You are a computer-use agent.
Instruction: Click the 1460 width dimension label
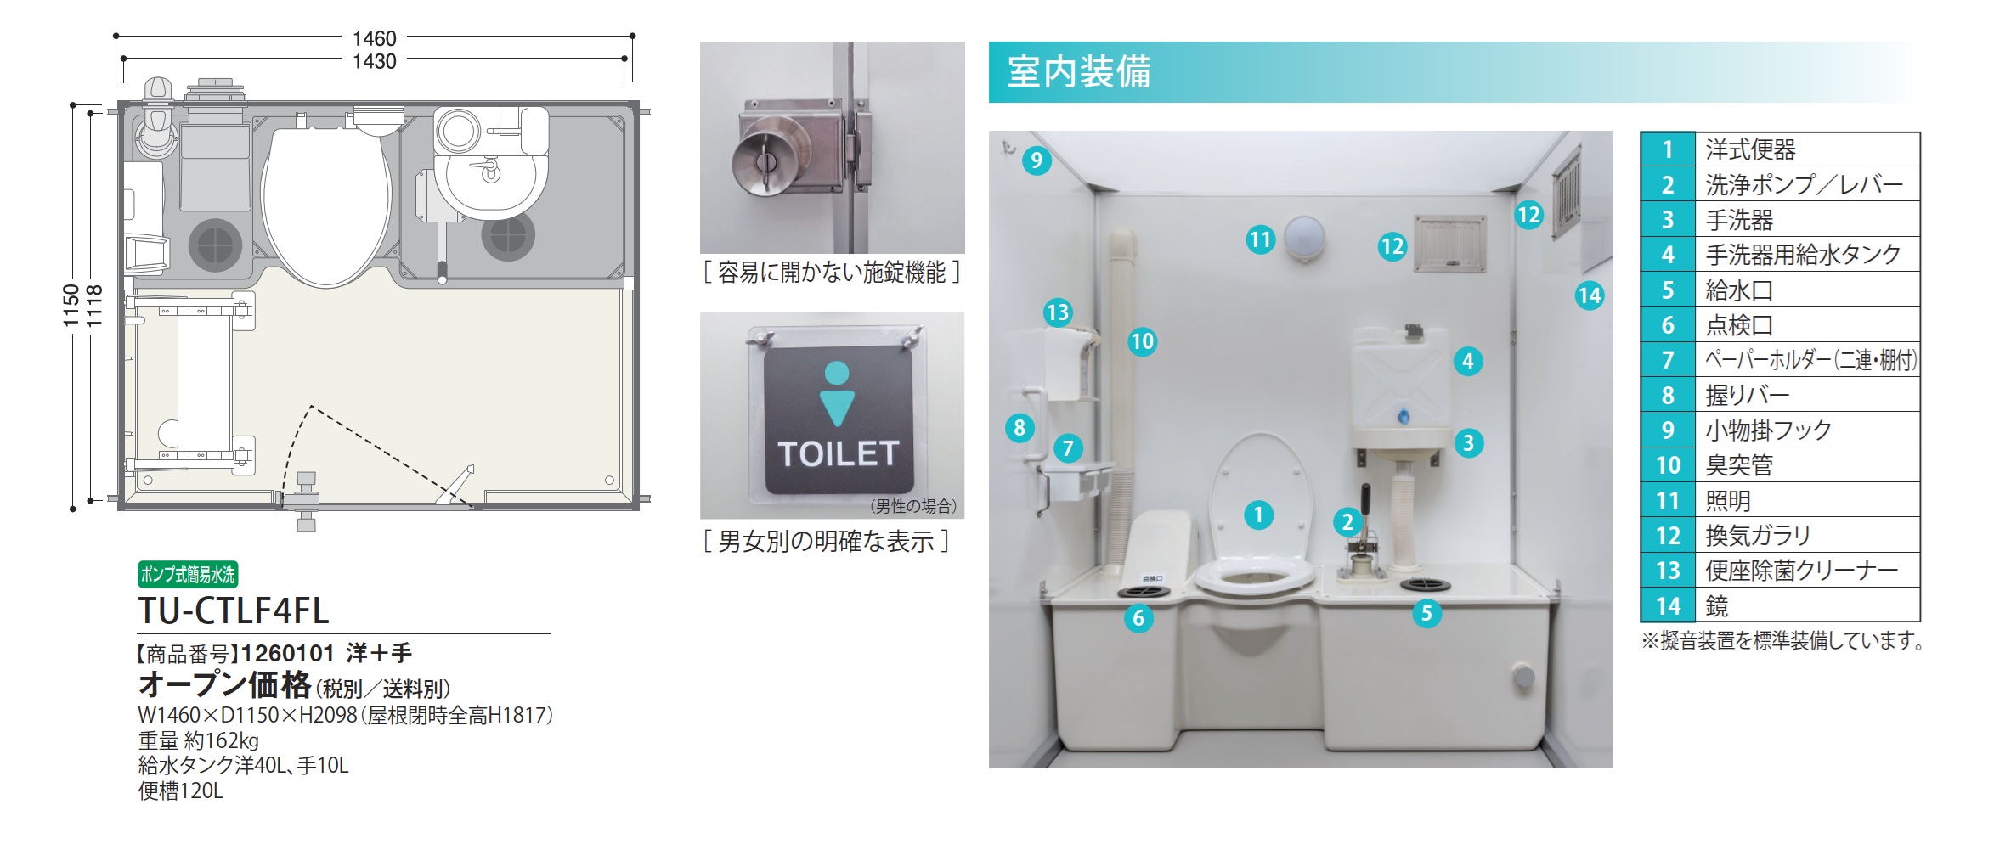click(x=375, y=38)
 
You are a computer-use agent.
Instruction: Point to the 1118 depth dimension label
click(x=94, y=307)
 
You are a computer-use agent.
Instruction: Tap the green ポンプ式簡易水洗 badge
click(x=188, y=575)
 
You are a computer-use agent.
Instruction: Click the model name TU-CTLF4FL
click(x=234, y=610)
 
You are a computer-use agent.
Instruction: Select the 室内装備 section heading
click(x=1079, y=71)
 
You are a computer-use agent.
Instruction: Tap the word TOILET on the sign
click(x=838, y=453)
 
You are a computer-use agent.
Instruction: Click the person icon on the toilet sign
click(x=837, y=393)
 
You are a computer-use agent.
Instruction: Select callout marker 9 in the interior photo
click(x=1037, y=160)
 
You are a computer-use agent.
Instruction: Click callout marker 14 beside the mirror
click(x=1589, y=295)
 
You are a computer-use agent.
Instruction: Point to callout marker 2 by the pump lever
click(x=1347, y=521)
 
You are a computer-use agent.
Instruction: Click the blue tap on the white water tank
click(x=1403, y=417)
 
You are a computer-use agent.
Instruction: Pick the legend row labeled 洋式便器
click(x=1780, y=149)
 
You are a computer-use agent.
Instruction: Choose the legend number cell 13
click(x=1668, y=570)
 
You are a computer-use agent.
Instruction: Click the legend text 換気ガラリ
click(x=1759, y=535)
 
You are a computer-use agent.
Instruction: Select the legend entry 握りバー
click(x=1748, y=395)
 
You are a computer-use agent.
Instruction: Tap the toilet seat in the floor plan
click(x=326, y=204)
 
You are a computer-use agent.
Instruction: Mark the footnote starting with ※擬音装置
click(x=1782, y=640)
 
